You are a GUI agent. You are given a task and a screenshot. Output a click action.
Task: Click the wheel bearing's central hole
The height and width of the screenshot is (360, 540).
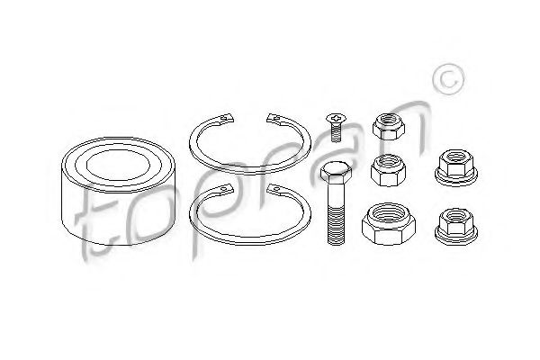coord(119,166)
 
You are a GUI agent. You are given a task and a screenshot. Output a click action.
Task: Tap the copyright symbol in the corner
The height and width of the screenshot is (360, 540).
coord(448,79)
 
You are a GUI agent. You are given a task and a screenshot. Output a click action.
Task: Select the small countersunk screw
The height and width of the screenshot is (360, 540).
coord(336,127)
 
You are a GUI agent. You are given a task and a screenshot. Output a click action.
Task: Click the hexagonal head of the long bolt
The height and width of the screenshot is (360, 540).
coord(336,171)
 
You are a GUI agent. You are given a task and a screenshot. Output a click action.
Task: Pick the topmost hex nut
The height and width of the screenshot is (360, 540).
coord(389,126)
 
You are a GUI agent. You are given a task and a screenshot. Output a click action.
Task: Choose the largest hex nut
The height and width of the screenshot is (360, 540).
coord(389,224)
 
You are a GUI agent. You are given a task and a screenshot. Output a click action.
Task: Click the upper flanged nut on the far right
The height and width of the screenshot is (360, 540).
coord(456,167)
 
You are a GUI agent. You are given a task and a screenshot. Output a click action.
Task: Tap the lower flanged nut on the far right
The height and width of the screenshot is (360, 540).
coord(456,227)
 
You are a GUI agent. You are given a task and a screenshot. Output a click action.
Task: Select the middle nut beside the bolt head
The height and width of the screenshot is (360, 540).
coord(388,170)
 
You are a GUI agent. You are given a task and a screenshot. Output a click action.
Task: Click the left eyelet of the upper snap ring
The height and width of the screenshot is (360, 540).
coord(227,118)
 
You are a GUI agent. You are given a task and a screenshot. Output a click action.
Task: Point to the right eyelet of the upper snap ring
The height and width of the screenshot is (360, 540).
coord(274,118)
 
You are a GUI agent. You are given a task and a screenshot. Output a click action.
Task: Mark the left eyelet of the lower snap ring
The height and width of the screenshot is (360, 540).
coord(226,189)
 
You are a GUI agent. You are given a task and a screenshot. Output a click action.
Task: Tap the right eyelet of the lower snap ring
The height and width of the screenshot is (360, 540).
coord(274,189)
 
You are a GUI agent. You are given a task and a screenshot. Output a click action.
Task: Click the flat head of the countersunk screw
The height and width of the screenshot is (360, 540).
coord(336,118)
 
